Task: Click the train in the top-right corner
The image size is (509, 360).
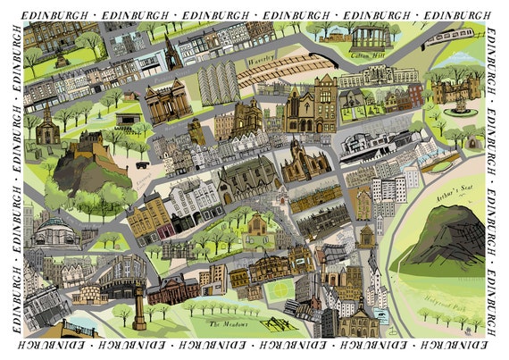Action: (449, 38)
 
